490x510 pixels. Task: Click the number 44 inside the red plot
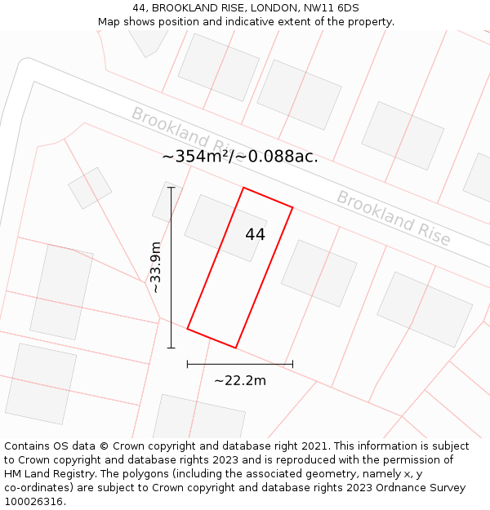pos(255,234)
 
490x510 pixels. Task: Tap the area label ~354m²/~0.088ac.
pos(240,157)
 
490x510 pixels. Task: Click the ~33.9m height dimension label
pos(155,267)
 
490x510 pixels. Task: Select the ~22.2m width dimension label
pos(240,380)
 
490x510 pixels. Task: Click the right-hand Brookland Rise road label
pos(394,218)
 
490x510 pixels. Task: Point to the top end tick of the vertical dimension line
pos(171,188)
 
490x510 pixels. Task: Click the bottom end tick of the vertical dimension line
pos(171,348)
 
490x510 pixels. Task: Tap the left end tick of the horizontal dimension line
pos(188,364)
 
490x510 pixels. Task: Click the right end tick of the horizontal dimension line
pos(292,364)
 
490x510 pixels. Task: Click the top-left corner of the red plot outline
pos(243,188)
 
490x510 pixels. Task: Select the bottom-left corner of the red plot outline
pos(188,329)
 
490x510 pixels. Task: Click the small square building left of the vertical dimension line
pos(90,188)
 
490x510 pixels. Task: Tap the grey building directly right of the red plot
pos(319,273)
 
